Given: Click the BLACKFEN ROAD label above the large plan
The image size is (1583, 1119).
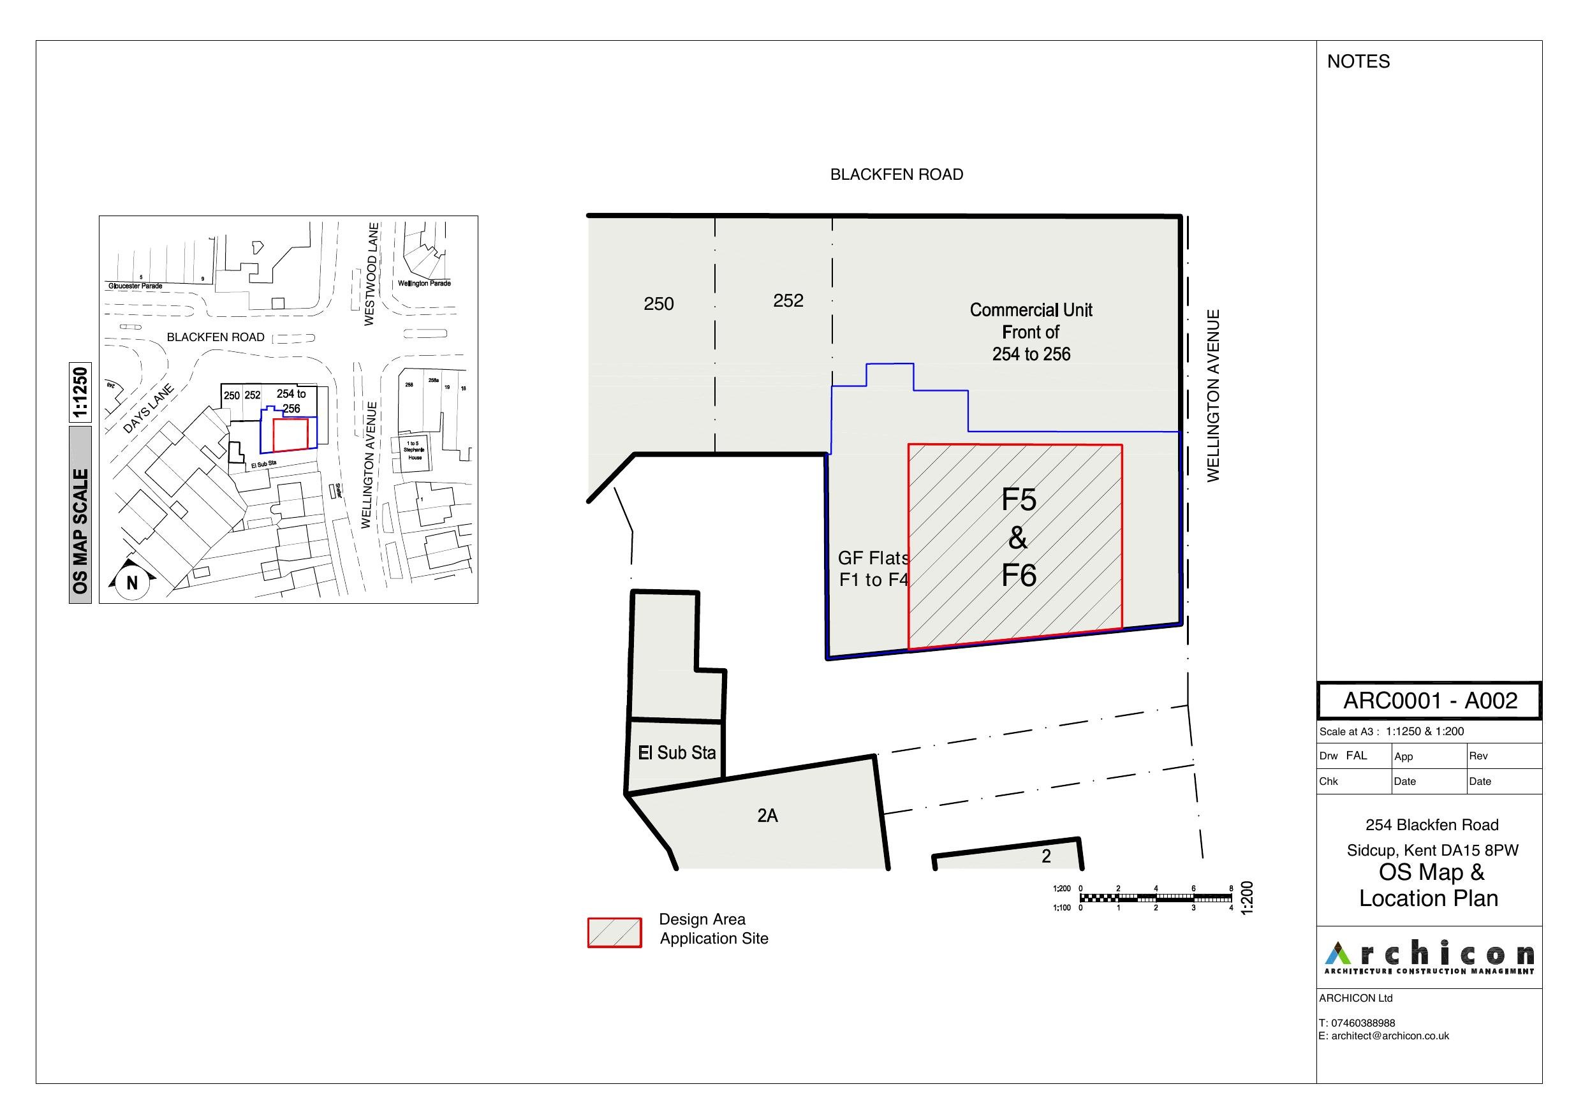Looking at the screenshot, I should pos(895,175).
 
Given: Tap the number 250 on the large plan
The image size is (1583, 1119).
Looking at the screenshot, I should pos(658,304).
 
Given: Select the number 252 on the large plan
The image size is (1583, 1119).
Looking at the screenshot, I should pos(788,300).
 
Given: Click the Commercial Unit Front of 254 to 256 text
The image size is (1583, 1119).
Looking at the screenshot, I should pos(1030,332).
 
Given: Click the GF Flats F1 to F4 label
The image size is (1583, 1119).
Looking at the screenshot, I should pos(873,569).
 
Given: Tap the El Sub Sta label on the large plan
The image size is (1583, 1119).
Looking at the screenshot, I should pos(676,753).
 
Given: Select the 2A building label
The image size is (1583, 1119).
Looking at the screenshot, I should pos(767,815).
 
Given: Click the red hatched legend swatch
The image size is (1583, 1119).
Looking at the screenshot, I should pos(614,932).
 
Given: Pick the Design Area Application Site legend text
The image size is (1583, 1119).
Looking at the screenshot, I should pos(713,929).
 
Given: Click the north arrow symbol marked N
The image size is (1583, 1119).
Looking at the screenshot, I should pos(131,583).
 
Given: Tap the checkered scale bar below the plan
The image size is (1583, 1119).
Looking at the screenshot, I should pos(1155,898).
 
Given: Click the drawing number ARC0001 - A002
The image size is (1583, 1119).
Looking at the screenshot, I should pos(1430,701).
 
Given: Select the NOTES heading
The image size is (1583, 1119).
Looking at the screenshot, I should pos(1358,62).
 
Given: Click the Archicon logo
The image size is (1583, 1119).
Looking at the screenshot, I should pos(1429,956).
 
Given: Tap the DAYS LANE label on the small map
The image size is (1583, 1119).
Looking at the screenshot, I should pos(148,409).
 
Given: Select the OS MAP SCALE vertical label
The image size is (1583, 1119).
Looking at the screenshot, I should pos(80,531).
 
